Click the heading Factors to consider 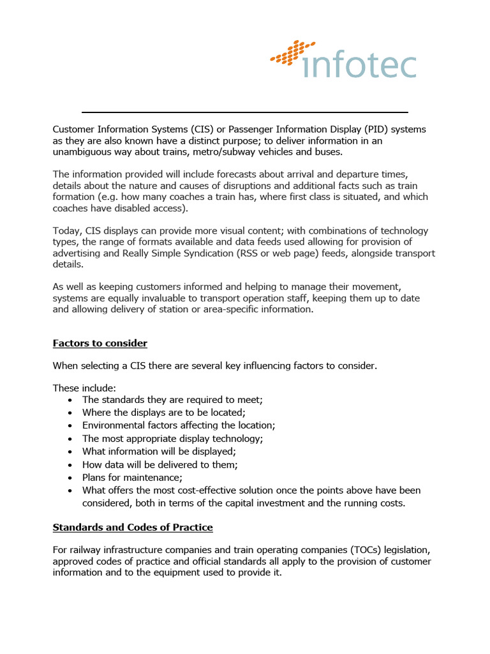100,344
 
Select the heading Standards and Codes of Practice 132,528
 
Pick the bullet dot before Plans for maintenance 70,478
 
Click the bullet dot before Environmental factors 70,425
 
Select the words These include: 80,387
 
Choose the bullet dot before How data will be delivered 70,465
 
